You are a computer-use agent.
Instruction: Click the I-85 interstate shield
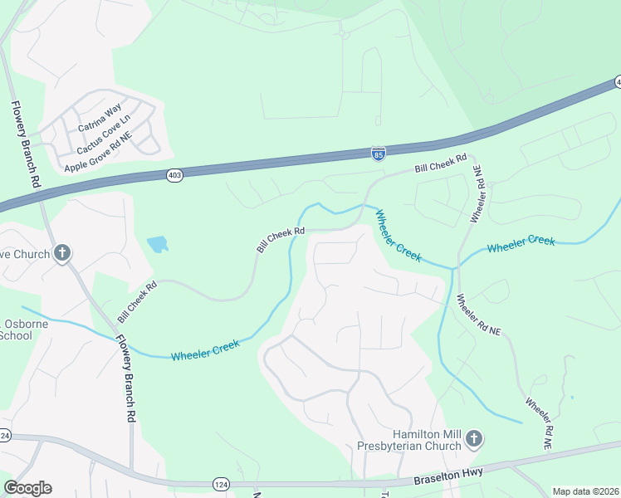point(378,154)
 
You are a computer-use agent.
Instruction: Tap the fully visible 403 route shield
point(174,176)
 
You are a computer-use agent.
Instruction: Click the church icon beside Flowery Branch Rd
point(62,253)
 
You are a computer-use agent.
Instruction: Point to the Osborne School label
point(17,330)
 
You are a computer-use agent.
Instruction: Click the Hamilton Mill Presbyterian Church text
point(427,441)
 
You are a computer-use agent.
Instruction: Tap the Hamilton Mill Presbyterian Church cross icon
point(473,437)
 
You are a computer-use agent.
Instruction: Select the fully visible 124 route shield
point(221,483)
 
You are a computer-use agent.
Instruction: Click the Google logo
point(27,488)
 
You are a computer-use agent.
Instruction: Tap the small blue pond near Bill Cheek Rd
point(157,244)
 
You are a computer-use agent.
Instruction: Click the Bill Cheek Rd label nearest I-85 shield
point(442,164)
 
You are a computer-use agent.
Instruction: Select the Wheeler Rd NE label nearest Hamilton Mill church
point(537,423)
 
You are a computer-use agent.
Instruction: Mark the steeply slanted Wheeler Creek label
point(398,237)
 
